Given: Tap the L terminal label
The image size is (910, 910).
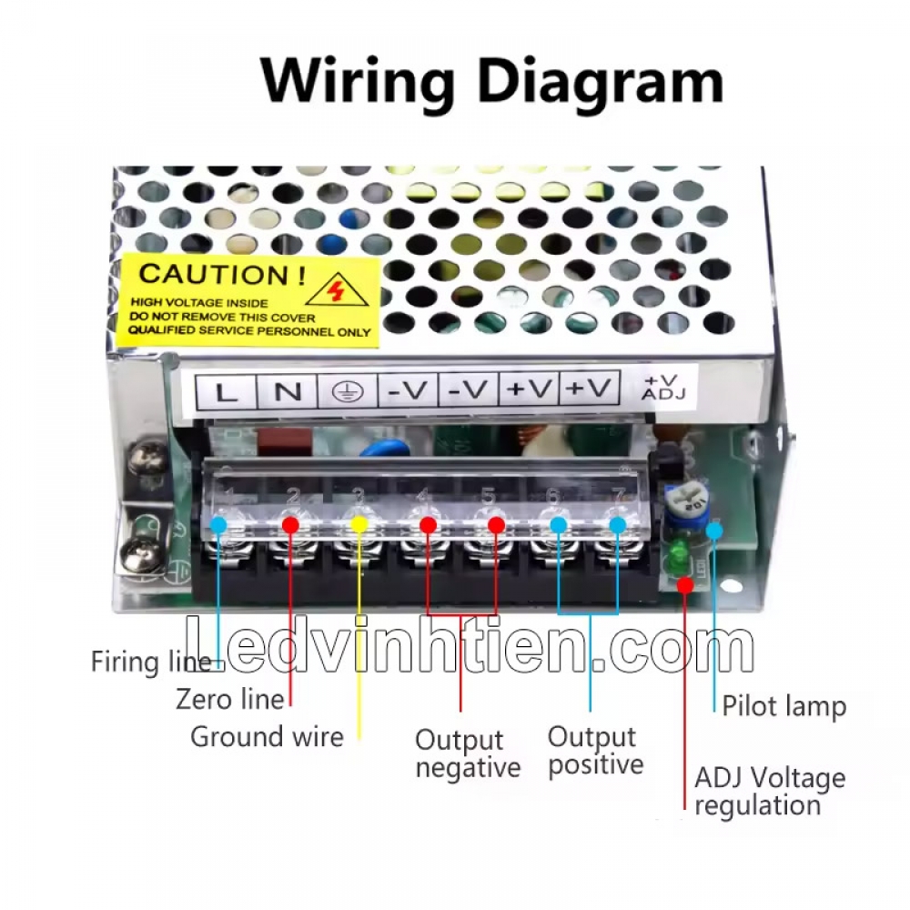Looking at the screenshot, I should pyautogui.click(x=227, y=393).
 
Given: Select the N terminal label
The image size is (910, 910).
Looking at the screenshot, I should pyautogui.click(x=288, y=393).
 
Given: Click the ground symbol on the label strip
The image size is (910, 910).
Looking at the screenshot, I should pyautogui.click(x=349, y=393).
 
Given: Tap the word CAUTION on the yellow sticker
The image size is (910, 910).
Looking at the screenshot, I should pyautogui.click(x=209, y=274).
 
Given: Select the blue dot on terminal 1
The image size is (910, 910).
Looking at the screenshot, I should pyautogui.click(x=219, y=525).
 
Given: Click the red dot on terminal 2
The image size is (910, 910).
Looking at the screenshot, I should pyautogui.click(x=289, y=524).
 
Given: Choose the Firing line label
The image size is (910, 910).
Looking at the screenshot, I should pyautogui.click(x=151, y=662).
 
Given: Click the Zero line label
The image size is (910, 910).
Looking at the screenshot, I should pyautogui.click(x=230, y=699).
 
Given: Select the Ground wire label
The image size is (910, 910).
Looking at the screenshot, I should pyautogui.click(x=267, y=736).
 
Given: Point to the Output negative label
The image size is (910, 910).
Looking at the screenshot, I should pyautogui.click(x=468, y=753).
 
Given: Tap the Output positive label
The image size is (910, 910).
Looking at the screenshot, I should pyautogui.click(x=595, y=751).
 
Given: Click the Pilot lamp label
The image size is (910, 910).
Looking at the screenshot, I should pyautogui.click(x=784, y=706).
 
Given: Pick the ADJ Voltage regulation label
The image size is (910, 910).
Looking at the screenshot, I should pyautogui.click(x=769, y=792).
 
